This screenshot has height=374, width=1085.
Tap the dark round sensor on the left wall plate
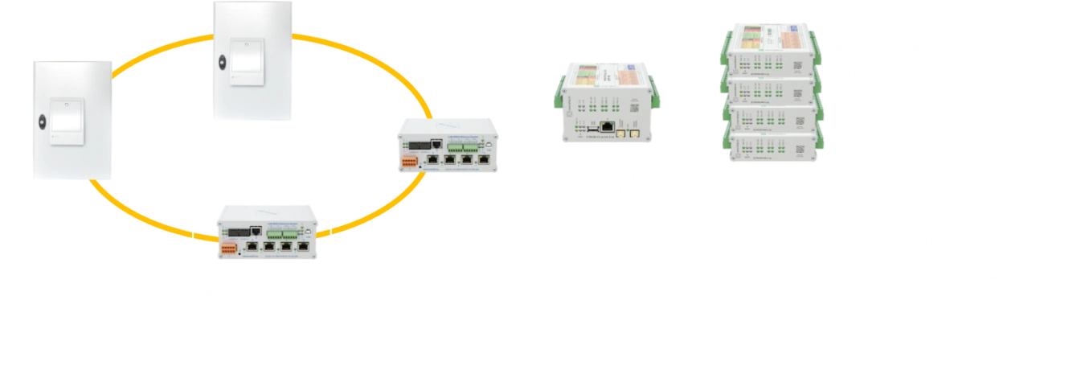pos(42,122)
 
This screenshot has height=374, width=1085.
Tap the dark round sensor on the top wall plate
pos(222,63)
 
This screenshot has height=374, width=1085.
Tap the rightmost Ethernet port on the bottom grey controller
pos(305,248)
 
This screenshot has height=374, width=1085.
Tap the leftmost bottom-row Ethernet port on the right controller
pos(433,158)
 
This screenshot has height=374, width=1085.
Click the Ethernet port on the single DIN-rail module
pos(607,127)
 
